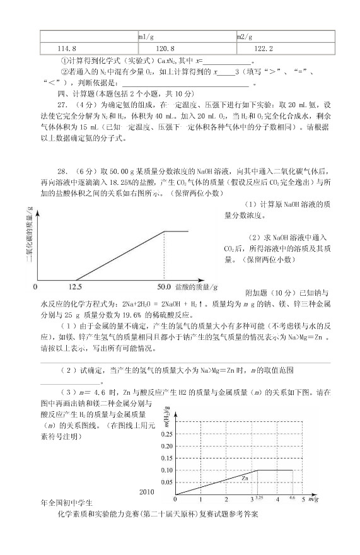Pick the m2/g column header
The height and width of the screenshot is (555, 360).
point(245,37)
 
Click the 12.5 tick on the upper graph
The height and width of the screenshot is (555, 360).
point(76,287)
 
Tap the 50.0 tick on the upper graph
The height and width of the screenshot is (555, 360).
point(165,287)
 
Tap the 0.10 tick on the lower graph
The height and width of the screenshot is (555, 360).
point(167,470)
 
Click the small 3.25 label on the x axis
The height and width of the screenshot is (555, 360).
point(258,498)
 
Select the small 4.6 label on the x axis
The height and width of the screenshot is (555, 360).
point(292,498)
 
